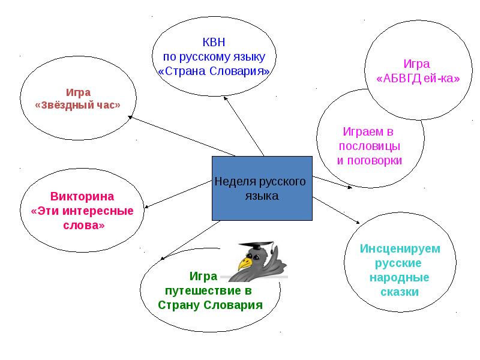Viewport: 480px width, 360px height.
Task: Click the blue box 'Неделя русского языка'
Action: (x=262, y=188)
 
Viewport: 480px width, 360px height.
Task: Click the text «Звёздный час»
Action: (x=77, y=104)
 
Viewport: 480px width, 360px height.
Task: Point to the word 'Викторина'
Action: (x=82, y=197)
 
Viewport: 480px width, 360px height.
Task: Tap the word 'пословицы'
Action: (x=370, y=146)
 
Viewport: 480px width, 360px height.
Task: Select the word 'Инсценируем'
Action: (x=400, y=248)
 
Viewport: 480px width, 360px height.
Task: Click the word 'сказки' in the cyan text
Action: (x=399, y=292)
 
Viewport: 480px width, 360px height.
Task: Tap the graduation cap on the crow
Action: (x=259, y=248)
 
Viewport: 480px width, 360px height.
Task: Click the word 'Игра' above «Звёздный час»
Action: (x=78, y=92)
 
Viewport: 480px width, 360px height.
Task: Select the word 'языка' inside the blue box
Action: (x=262, y=196)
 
